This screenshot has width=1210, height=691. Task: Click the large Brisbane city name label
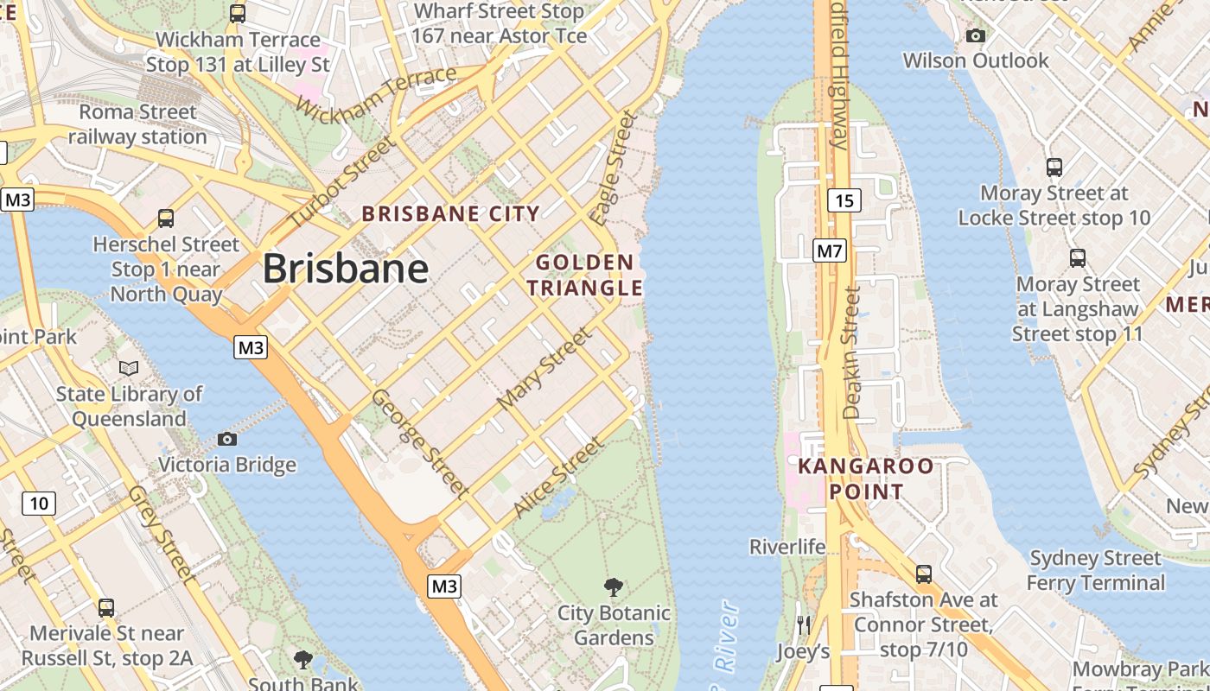(x=345, y=269)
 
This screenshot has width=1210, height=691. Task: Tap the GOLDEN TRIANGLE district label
(x=585, y=275)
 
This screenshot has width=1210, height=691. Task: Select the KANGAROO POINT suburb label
(x=865, y=479)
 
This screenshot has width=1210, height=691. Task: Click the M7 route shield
(x=830, y=251)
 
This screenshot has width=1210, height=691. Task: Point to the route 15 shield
(x=844, y=201)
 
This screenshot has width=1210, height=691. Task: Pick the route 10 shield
(x=40, y=503)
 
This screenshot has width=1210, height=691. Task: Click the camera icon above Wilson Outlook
(x=976, y=35)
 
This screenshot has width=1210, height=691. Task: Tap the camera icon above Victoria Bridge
(x=227, y=439)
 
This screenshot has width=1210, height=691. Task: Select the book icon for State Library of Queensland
(x=129, y=369)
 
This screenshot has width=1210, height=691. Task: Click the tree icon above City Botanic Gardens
(x=614, y=587)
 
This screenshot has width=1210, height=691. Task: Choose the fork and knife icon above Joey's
(x=804, y=624)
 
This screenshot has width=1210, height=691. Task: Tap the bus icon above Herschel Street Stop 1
(x=166, y=219)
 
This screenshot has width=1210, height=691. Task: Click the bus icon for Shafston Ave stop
(x=924, y=574)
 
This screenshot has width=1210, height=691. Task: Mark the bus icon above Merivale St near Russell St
(x=106, y=607)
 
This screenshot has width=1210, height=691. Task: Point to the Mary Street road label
(x=544, y=369)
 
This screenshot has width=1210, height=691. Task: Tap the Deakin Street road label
(x=852, y=352)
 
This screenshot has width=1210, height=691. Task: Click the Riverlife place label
(x=786, y=547)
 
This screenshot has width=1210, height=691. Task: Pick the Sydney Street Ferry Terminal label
(x=1096, y=570)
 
